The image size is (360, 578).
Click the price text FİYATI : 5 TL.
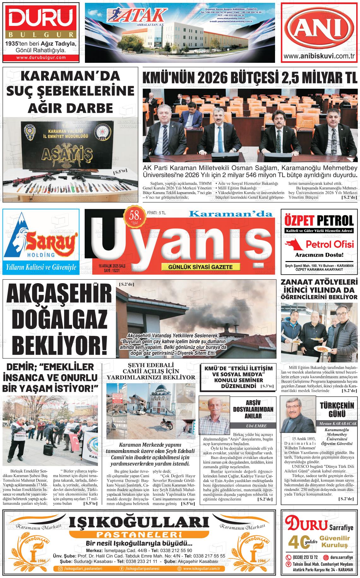(x=157, y=213)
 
